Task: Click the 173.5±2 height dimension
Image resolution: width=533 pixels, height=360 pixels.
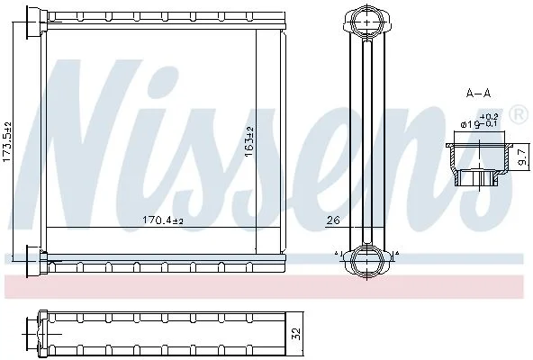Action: (7, 142)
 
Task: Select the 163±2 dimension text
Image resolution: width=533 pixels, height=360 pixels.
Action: (249, 142)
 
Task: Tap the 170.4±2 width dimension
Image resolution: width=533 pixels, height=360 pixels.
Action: (163, 220)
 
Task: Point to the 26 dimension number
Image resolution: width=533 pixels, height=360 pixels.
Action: (333, 220)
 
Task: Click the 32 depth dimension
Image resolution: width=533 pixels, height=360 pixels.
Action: (296, 335)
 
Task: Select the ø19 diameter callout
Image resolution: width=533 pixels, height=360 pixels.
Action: (471, 124)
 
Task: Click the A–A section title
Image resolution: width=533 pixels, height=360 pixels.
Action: (478, 93)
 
